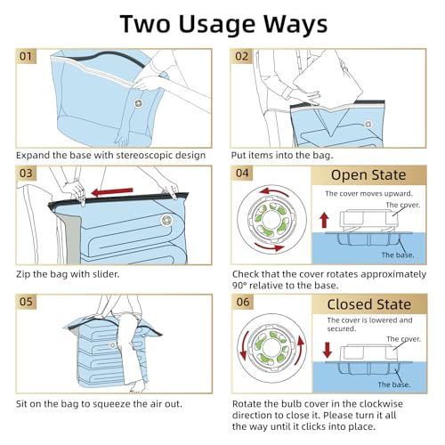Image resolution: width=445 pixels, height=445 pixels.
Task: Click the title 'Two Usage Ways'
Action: [x=222, y=24]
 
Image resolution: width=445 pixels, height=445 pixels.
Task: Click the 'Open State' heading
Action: [x=368, y=175]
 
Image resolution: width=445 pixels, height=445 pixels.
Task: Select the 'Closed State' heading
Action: [x=368, y=303]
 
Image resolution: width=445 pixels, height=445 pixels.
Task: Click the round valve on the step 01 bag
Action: [x=138, y=104]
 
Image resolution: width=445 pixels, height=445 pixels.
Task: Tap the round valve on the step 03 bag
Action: [x=166, y=219]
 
